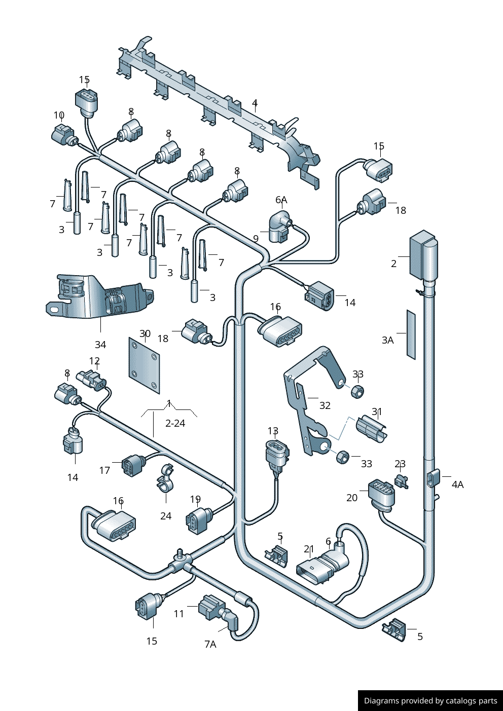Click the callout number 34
(x=100, y=345)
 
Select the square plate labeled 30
(x=145, y=365)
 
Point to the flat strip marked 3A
(x=411, y=334)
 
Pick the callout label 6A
(x=281, y=200)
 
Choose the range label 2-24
(x=175, y=423)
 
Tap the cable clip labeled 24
(x=165, y=478)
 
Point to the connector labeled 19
(x=198, y=520)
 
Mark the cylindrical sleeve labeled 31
(x=372, y=429)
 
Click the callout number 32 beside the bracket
(x=325, y=405)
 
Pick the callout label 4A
(x=457, y=485)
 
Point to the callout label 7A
(x=210, y=644)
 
